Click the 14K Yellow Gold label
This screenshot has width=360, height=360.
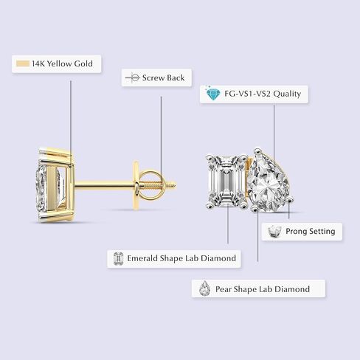pos(56,64)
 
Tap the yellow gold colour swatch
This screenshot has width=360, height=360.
pos(23,63)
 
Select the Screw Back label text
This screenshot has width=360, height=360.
pos(163,77)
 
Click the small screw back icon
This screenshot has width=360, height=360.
pos(133,77)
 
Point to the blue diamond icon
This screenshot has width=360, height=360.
pos(213,94)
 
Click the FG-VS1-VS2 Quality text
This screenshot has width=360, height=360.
pos(263,94)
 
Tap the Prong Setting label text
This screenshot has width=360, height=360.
pos(311,232)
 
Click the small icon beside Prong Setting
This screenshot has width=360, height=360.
pos(274,232)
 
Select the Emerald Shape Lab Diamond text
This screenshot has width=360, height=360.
pos(181,258)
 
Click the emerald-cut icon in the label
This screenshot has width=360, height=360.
pos(118,259)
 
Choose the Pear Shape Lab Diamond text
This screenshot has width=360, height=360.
pos(263,289)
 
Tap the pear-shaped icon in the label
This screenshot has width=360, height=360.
pos(204,288)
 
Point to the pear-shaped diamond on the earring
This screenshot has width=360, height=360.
pos(268,181)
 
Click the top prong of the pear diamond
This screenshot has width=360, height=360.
pos(257,150)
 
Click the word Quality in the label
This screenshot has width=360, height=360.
pos(287,94)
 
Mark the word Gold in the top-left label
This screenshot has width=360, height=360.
pos(83,63)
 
